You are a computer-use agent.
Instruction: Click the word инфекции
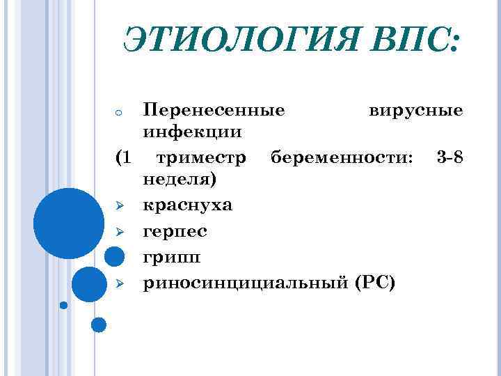click(193, 132)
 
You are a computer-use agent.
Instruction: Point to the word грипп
click(171, 257)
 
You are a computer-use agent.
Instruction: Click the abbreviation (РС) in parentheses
click(374, 282)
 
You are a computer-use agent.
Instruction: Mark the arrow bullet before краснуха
click(120, 206)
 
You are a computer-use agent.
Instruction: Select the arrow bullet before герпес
click(120, 231)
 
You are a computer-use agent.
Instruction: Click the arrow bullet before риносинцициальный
click(120, 283)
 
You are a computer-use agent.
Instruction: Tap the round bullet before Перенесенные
click(120, 112)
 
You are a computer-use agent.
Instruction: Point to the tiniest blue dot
click(64, 305)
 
